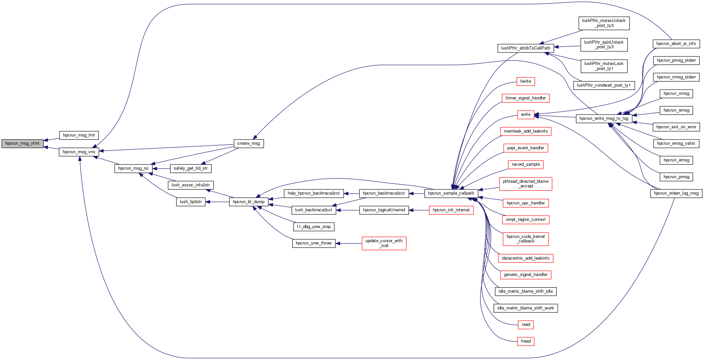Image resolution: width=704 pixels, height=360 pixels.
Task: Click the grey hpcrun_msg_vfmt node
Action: pyautogui.click(x=22, y=143)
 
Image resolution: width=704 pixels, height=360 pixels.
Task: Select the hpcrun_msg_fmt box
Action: pyautogui.click(x=79, y=135)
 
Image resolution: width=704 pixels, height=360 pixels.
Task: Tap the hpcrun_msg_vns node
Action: pyautogui.click(x=79, y=152)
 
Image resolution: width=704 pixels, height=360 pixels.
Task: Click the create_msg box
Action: pyautogui.click(x=249, y=143)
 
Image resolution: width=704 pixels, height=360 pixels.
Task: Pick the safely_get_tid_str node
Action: pyautogui.click(x=190, y=168)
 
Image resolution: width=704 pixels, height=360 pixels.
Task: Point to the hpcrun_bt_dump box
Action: pyautogui.click(x=249, y=202)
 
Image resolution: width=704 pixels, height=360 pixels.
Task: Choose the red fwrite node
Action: pyautogui.click(x=525, y=81)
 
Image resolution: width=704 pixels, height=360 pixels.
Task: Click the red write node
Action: pyautogui.click(x=525, y=115)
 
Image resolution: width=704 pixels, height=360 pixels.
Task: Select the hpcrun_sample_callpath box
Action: pyautogui.click(x=451, y=193)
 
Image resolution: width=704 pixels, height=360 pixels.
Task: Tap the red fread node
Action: pyautogui.click(x=525, y=341)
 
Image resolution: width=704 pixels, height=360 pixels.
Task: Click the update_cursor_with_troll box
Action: pyautogui.click(x=384, y=243)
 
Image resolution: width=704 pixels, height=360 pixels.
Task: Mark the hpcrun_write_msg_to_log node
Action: pyautogui.click(x=604, y=118)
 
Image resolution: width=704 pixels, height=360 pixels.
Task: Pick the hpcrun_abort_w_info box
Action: pyautogui.click(x=676, y=44)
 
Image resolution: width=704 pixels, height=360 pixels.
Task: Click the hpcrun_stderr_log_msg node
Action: pyautogui.click(x=676, y=193)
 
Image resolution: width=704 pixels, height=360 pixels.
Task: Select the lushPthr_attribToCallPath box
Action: pyautogui.click(x=526, y=48)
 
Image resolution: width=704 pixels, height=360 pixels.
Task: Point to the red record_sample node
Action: pyautogui.click(x=526, y=164)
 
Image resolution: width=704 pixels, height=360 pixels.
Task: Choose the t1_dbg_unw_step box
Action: pyautogui.click(x=314, y=227)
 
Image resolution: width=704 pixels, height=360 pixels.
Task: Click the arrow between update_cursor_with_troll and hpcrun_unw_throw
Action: pyautogui.click(x=348, y=244)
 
